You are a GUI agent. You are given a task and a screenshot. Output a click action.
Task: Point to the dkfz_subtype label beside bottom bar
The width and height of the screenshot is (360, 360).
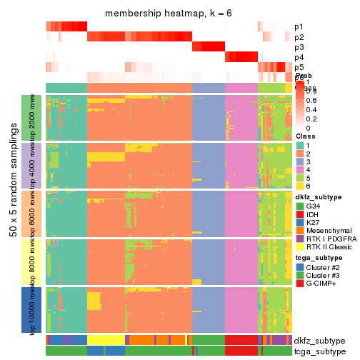[x=319, y=340]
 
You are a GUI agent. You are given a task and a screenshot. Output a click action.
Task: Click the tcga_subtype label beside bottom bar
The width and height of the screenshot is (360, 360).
[x=319, y=351]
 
